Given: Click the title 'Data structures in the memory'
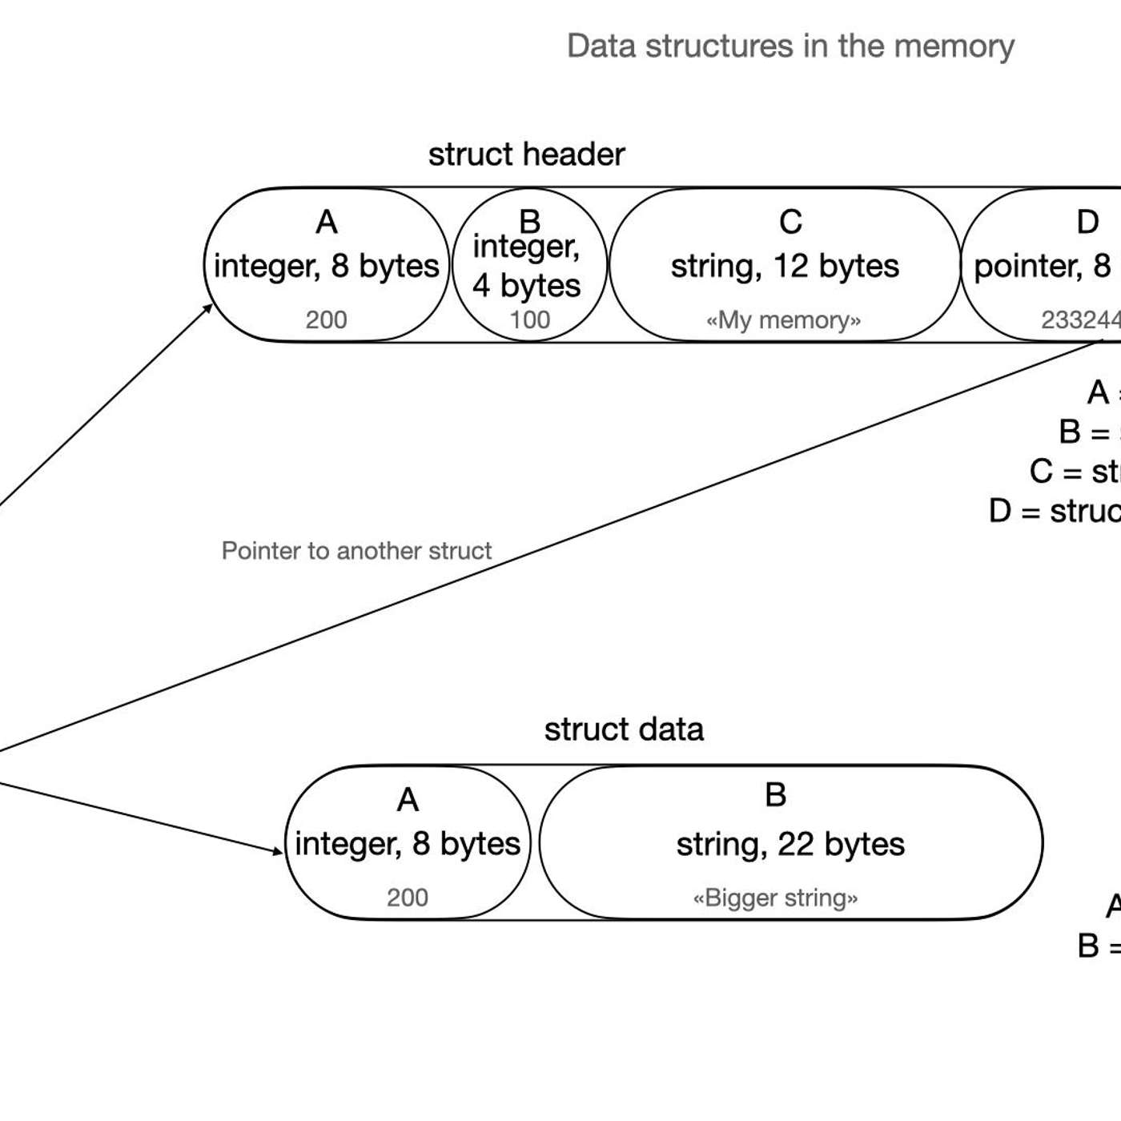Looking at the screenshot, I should click(x=790, y=46).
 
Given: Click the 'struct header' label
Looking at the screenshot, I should click(x=526, y=155).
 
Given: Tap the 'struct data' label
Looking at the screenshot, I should click(x=624, y=729).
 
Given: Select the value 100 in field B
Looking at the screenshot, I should click(x=529, y=320).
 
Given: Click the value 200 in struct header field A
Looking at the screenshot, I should click(x=326, y=320).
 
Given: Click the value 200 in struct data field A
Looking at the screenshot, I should click(x=407, y=898).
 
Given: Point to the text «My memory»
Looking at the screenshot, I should click(x=783, y=320).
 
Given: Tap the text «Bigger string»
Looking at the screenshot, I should click(x=775, y=898).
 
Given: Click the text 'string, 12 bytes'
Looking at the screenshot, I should click(x=785, y=267).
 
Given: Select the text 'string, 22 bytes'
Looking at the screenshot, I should click(x=790, y=845).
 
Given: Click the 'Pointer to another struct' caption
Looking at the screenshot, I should click(x=356, y=551).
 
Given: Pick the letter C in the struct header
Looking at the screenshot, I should click(x=790, y=223).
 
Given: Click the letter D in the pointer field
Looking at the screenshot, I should click(x=1087, y=223).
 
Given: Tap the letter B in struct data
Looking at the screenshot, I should click(x=775, y=795).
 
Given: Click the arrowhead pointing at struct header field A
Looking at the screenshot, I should click(x=208, y=308).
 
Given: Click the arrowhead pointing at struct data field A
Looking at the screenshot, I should click(x=279, y=850).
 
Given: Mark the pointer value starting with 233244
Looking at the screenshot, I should click(x=1081, y=320).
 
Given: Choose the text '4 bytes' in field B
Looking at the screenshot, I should click(x=526, y=286).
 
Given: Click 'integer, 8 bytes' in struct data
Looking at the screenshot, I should click(x=407, y=844).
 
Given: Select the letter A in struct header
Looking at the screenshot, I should click(x=326, y=223).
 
